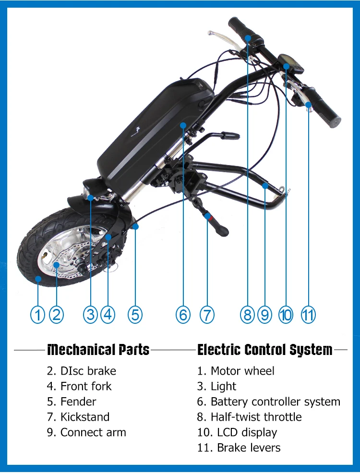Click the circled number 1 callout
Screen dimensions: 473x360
[37, 315]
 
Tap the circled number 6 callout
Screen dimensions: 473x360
[183, 315]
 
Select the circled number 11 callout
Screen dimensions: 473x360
[308, 315]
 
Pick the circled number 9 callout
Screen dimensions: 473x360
[264, 315]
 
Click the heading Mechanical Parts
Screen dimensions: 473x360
[98, 350]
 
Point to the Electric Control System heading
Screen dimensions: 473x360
[264, 350]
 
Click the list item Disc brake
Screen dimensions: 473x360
[81, 371]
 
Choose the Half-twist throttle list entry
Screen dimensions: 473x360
[249, 417]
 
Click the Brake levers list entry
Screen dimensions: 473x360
[239, 448]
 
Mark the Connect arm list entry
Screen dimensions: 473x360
[86, 432]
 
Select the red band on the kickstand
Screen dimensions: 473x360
[207, 217]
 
